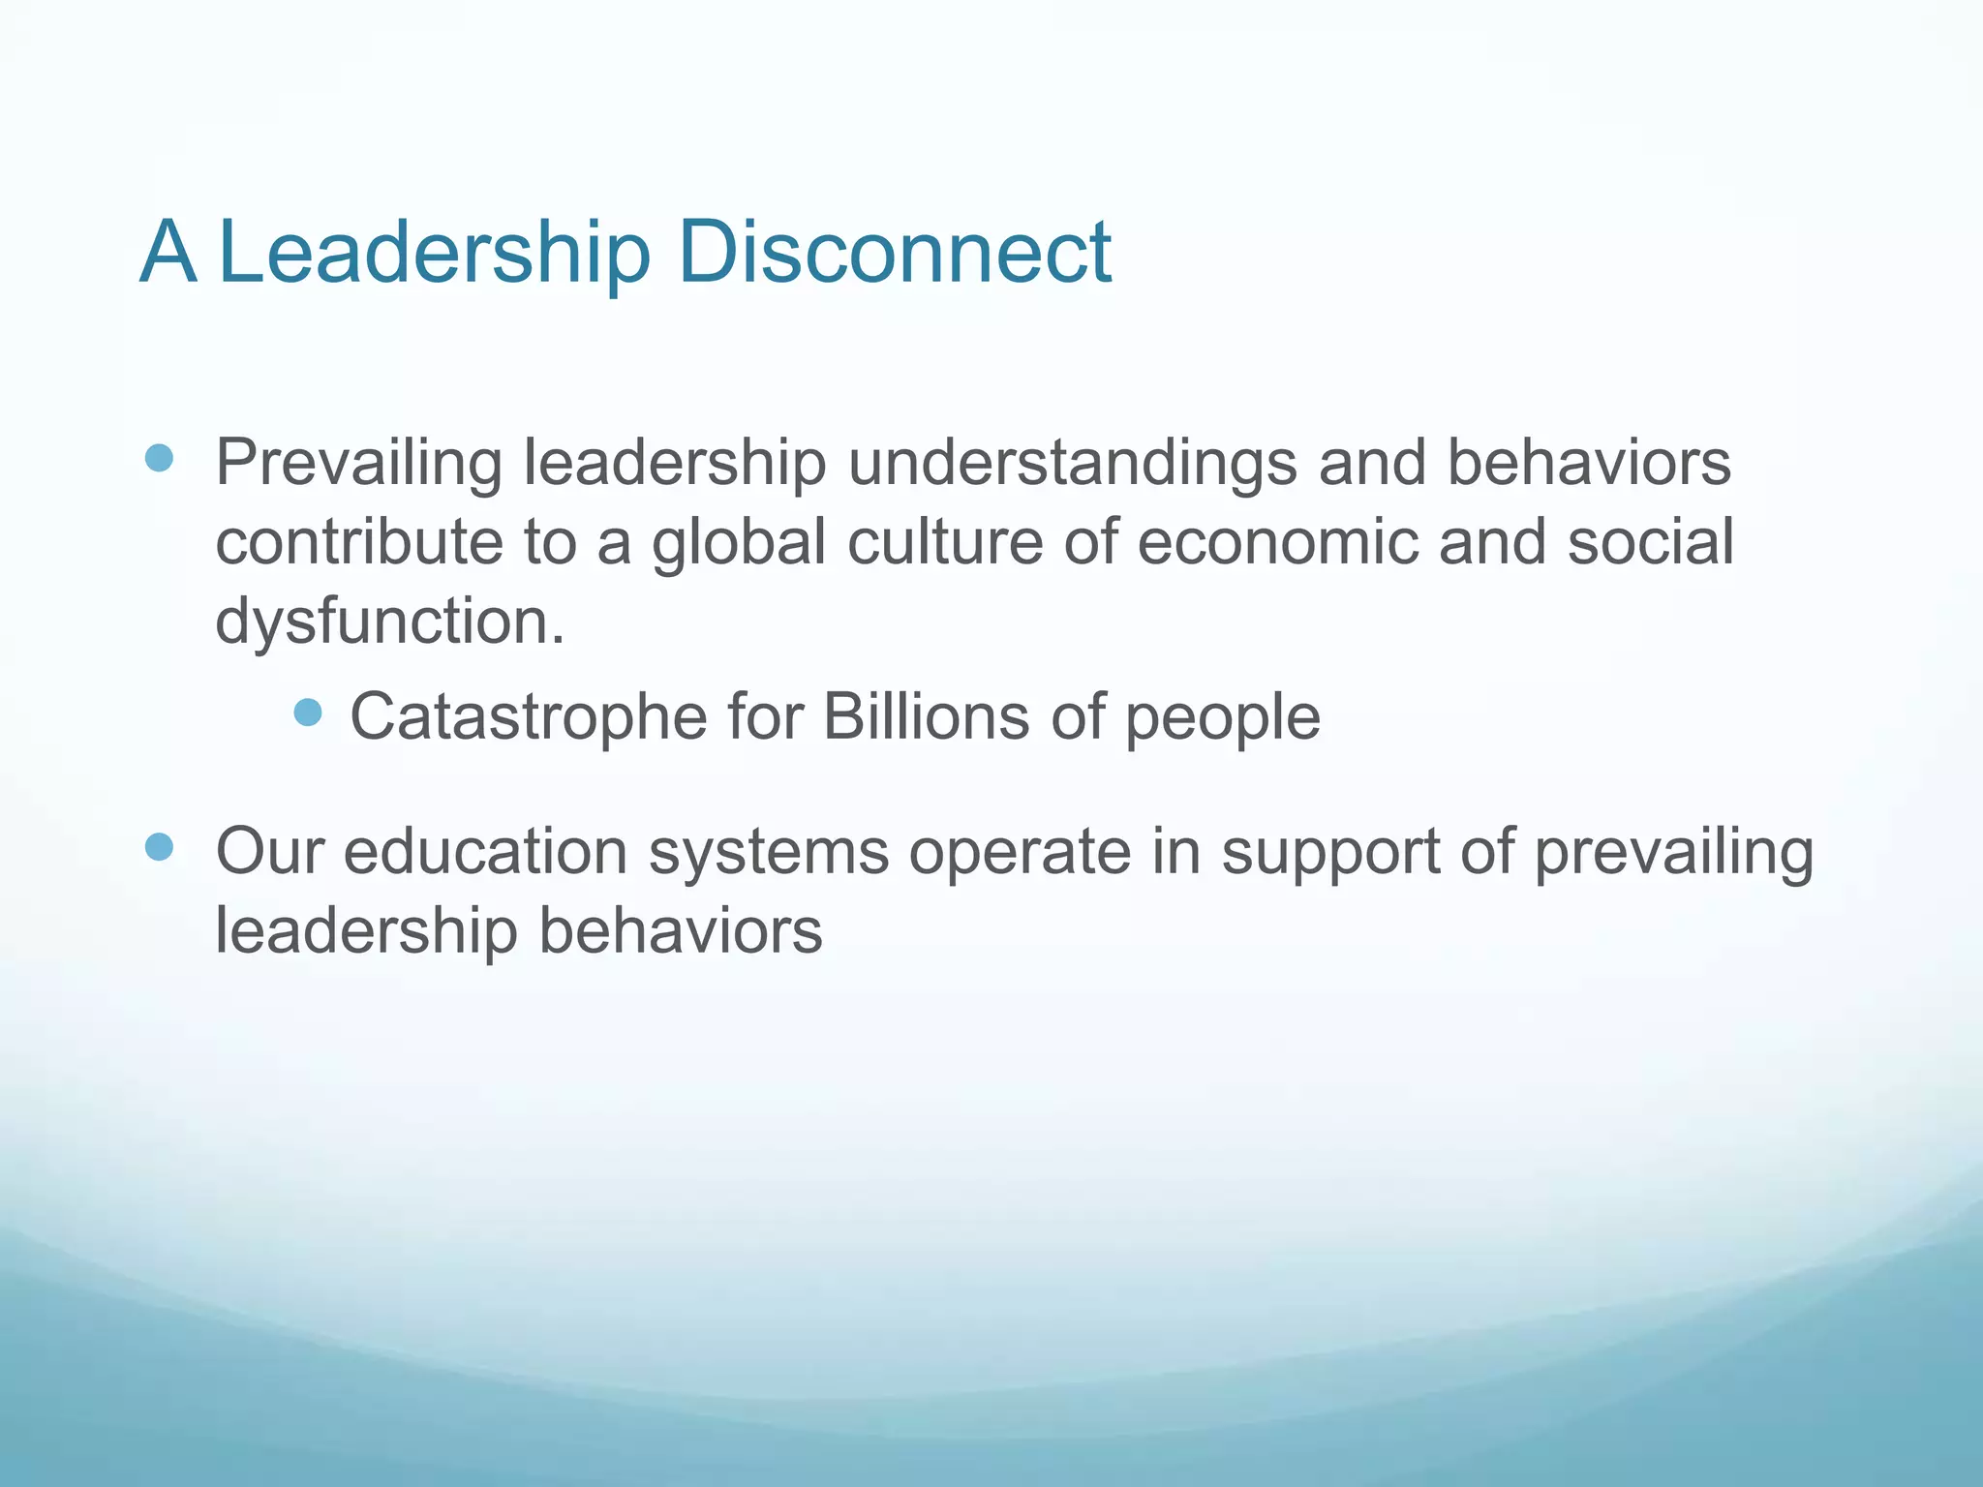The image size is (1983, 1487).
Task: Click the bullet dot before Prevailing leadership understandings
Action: pyautogui.click(x=159, y=457)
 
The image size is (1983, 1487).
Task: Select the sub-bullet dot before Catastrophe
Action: pyautogui.click(x=307, y=713)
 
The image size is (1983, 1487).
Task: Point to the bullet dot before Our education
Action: pyautogui.click(x=159, y=848)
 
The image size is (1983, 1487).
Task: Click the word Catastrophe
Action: pyautogui.click(x=529, y=716)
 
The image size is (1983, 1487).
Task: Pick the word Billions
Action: pyautogui.click(x=927, y=716)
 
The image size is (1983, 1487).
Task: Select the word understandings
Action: pyautogui.click(x=1072, y=463)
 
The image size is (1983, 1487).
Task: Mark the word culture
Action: pyautogui.click(x=945, y=542)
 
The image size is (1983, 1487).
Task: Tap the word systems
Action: pyautogui.click(x=768, y=852)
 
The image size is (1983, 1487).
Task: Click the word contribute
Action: pyautogui.click(x=358, y=542)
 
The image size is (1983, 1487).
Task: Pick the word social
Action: pyautogui.click(x=1650, y=542)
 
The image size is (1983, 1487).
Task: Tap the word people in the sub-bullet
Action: pyautogui.click(x=1222, y=718)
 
